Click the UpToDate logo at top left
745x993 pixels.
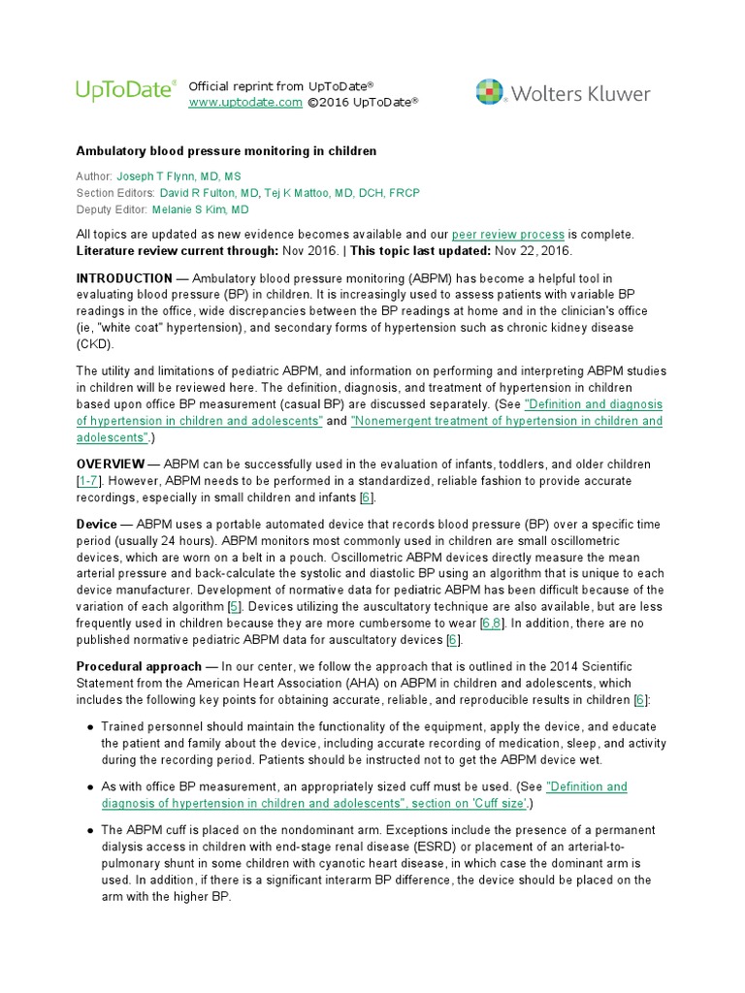pos(125,91)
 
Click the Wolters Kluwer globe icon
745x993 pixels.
pos(491,92)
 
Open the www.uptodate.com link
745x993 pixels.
pos(245,102)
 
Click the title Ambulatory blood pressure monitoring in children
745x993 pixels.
pos(226,151)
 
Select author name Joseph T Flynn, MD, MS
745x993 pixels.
pos(178,177)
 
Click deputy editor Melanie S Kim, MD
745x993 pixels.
pos(198,208)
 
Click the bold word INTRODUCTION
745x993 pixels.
pos(124,279)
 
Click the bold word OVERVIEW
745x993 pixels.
pos(110,464)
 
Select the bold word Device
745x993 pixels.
pos(97,525)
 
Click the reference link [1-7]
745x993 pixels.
pos(90,481)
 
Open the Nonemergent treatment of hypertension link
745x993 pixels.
pos(505,421)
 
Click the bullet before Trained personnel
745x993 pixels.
pos(90,726)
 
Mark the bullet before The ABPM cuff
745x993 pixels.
pos(90,830)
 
